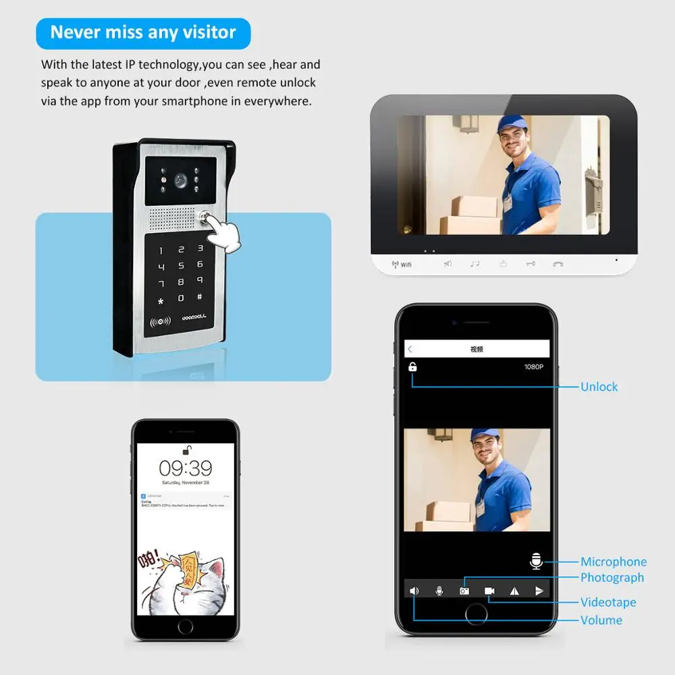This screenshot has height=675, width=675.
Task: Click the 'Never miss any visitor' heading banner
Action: [143, 32]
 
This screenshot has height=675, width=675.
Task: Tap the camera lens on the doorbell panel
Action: [180, 181]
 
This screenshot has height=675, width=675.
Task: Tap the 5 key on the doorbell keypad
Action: [180, 266]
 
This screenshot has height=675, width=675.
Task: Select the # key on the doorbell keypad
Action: [199, 297]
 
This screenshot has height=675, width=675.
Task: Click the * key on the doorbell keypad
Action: [161, 301]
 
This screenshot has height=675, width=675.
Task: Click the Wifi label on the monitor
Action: [402, 265]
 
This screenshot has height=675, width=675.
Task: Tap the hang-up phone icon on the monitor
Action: [558, 264]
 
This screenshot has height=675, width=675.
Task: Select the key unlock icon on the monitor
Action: [531, 264]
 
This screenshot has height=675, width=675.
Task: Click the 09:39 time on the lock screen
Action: [186, 468]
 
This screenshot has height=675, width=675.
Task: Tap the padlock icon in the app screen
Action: [412, 367]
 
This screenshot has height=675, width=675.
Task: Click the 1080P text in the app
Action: [533, 367]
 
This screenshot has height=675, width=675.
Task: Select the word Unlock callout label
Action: [599, 387]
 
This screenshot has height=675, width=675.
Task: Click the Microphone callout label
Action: [613, 562]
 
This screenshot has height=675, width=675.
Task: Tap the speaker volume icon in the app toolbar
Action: [414, 591]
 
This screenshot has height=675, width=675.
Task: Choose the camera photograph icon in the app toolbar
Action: [464, 591]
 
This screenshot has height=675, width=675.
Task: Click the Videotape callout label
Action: [608, 602]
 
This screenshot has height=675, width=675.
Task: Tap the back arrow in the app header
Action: [410, 349]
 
